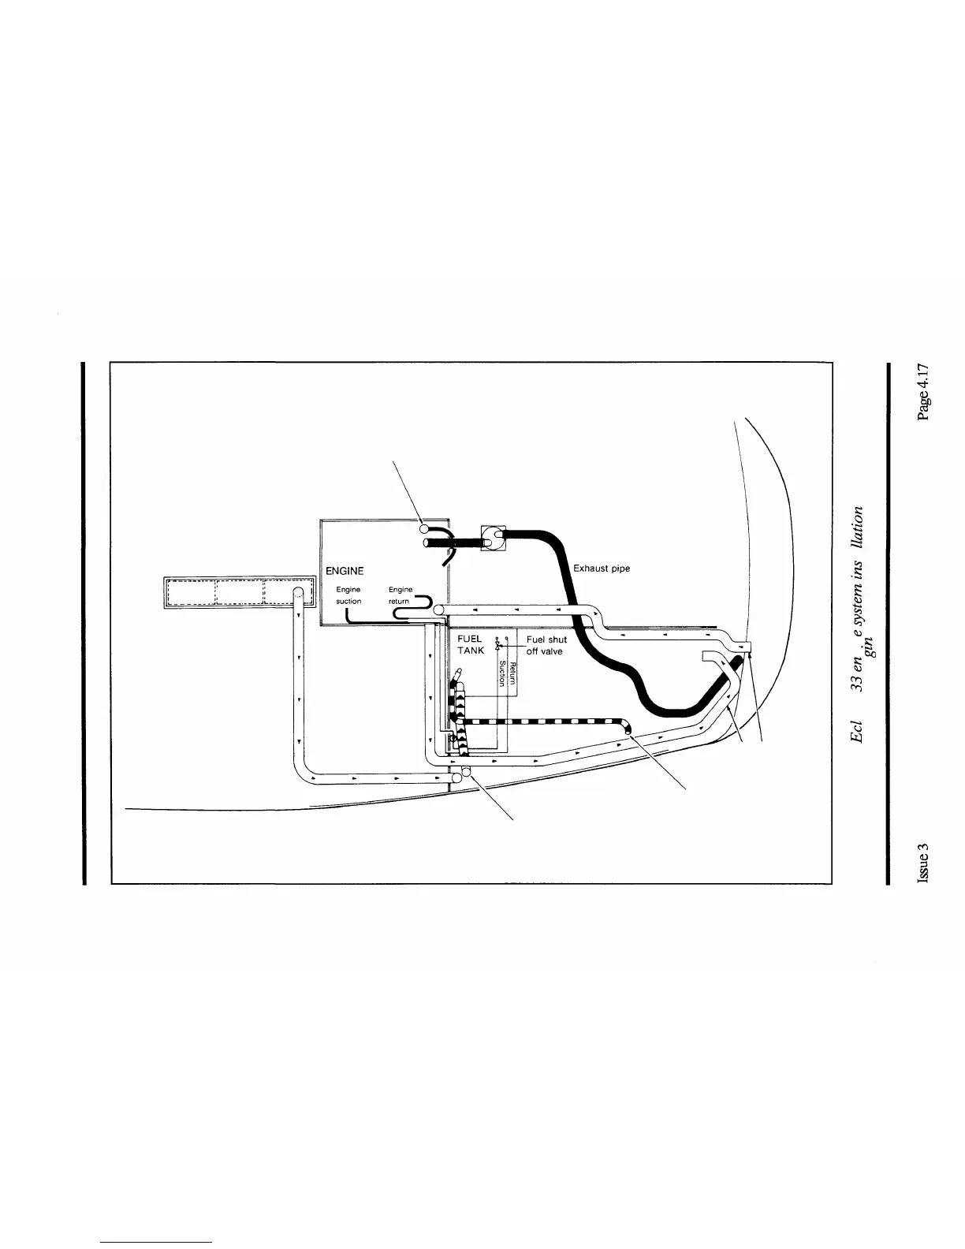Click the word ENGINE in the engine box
345,570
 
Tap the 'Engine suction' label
348,595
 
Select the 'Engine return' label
400,595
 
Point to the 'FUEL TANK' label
471,645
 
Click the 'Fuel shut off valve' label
546,645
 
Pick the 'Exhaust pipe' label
602,568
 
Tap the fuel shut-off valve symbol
497,644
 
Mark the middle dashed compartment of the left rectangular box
239,592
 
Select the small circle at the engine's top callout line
423,528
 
